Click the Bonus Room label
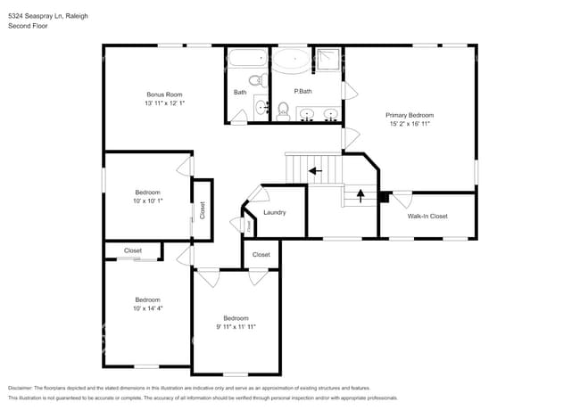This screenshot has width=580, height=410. [165, 94]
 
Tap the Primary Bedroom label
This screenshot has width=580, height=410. [410, 115]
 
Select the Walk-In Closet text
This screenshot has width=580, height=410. [427, 216]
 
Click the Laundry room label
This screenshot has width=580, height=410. [274, 212]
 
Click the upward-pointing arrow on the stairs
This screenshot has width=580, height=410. [360, 195]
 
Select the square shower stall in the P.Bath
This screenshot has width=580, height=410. [327, 61]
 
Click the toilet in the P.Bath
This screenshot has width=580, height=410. [283, 110]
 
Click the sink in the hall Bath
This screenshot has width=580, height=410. [261, 108]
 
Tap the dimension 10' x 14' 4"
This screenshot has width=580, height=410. [147, 308]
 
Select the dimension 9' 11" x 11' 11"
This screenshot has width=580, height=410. [236, 327]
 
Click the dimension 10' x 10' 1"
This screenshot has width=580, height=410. [147, 201]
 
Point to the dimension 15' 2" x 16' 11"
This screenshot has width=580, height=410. [410, 124]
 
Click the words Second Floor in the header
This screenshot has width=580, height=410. [29, 26]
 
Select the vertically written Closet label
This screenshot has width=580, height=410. [202, 210]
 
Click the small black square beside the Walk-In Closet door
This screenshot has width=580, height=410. [383, 197]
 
